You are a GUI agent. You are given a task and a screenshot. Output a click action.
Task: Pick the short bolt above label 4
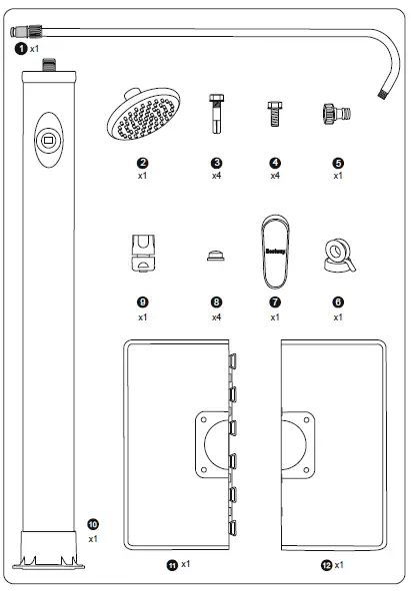click(x=272, y=113)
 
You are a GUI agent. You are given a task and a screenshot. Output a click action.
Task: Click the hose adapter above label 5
click(x=336, y=113)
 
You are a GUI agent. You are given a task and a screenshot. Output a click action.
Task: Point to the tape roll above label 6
click(x=337, y=256)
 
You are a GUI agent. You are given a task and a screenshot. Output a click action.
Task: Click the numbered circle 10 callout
click(x=94, y=522)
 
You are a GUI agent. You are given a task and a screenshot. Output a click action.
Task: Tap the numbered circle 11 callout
click(x=172, y=565)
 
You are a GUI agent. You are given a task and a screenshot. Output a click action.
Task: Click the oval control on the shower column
click(x=46, y=140)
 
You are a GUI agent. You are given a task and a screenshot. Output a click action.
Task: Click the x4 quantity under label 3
click(x=217, y=176)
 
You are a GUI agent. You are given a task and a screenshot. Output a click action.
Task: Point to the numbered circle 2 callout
click(x=143, y=162)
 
